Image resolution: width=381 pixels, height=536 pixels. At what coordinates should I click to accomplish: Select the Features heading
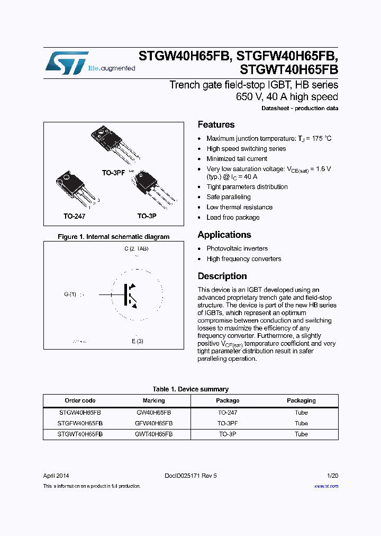click(x=216, y=125)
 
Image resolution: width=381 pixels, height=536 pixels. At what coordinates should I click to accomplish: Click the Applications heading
click(x=224, y=235)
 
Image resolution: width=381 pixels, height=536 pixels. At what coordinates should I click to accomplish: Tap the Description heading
click(x=222, y=276)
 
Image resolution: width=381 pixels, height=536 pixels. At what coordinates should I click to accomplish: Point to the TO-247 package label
click(x=74, y=217)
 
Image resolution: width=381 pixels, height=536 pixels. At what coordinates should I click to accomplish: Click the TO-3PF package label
click(x=113, y=173)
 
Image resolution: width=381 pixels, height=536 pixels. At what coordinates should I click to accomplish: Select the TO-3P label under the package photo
click(x=147, y=217)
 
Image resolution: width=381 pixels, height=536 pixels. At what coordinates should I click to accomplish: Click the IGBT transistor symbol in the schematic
click(x=131, y=294)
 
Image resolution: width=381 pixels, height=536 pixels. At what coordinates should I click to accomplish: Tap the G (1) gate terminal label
click(x=70, y=294)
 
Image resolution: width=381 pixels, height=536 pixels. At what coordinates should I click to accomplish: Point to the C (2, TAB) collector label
click(x=137, y=248)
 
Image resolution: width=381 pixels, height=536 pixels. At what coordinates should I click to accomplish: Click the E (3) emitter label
click(x=138, y=341)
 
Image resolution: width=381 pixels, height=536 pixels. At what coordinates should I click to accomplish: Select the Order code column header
click(x=80, y=400)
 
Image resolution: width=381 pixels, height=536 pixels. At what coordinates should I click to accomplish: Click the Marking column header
click(x=153, y=400)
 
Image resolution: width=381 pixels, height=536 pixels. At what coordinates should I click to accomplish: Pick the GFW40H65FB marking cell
click(x=153, y=423)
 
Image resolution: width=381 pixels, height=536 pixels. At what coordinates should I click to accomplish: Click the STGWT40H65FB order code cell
click(x=80, y=434)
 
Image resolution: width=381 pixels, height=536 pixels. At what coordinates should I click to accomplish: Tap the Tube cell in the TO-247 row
click(x=301, y=413)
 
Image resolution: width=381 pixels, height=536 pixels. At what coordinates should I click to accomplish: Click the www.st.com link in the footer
click(x=326, y=486)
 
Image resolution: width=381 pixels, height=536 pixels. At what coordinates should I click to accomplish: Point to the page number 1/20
click(x=333, y=476)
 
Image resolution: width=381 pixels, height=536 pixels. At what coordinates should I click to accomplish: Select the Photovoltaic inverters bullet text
click(x=237, y=248)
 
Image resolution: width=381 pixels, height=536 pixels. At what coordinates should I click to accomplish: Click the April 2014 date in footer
click(x=56, y=476)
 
